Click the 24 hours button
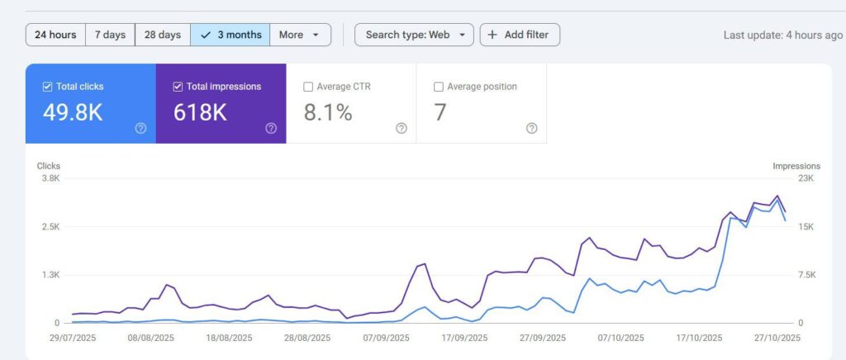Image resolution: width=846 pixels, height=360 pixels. pos(56,35)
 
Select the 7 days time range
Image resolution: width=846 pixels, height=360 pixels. pos(110,35)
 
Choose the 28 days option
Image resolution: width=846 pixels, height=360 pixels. pos(162,35)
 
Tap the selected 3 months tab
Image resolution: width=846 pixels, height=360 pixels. pos(230,35)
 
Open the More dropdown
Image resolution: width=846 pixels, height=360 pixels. pos(300,35)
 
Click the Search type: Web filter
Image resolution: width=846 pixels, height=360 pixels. pos(414,35)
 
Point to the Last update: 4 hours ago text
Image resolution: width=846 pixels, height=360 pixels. pos(782,35)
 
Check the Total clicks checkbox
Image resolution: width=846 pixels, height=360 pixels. pos(48,87)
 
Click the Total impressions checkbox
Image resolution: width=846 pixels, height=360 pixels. pos(178,87)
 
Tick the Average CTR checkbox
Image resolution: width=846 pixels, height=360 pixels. pos(309,87)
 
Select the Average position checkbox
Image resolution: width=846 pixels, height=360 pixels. pos(439,87)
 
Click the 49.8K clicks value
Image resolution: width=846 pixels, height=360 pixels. pos(73,113)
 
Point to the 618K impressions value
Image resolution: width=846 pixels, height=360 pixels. pos(200,113)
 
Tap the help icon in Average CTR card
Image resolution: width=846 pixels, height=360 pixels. pos(402,128)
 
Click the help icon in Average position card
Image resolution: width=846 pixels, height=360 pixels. pos(531,128)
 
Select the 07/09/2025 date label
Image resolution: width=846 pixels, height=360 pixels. pos(385,338)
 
